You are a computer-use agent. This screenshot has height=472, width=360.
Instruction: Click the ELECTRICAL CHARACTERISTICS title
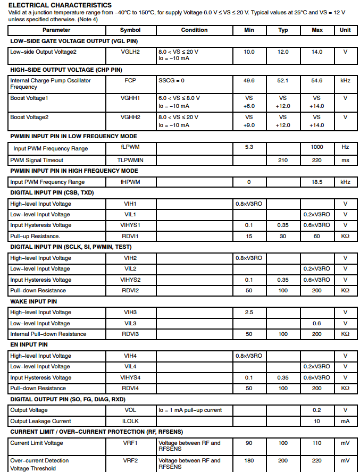click(60, 5)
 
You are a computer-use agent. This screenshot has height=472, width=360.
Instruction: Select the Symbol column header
click(130, 30)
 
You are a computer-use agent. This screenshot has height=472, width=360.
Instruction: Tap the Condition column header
click(194, 30)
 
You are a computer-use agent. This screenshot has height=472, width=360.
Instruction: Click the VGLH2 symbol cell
click(130, 52)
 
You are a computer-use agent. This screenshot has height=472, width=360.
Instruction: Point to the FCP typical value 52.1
click(283, 81)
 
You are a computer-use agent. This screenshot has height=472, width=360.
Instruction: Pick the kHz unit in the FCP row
click(345, 81)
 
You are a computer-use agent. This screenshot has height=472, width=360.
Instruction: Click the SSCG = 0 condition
click(171, 81)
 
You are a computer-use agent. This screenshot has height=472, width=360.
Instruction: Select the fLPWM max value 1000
click(317, 147)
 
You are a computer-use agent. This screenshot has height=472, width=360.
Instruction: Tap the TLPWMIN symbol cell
click(130, 160)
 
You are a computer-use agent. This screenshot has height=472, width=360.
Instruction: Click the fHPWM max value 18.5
click(317, 182)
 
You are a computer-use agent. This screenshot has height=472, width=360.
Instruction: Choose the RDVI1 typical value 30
click(283, 237)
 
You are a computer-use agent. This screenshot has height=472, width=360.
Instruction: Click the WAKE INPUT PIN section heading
click(34, 301)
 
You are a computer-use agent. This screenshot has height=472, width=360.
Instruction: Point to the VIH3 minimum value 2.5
click(249, 313)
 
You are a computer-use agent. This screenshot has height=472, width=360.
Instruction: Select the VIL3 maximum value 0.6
click(317, 323)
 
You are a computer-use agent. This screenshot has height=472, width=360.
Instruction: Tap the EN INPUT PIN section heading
click(29, 345)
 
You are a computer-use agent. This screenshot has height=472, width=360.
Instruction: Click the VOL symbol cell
click(130, 410)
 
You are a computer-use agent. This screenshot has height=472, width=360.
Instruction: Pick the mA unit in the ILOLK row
click(345, 421)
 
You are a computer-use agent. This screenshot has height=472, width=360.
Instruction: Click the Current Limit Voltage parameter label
click(37, 443)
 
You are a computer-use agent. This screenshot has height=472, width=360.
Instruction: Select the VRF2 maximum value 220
click(317, 460)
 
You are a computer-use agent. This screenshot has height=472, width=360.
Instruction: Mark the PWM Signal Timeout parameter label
click(37, 160)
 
